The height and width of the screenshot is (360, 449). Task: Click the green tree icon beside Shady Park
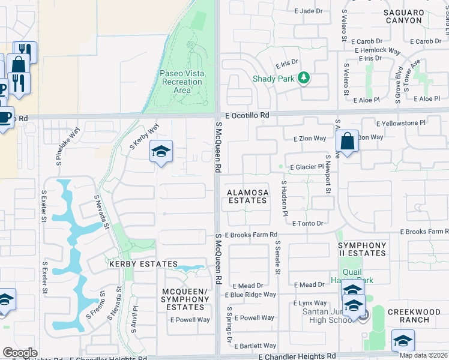pos(304,77)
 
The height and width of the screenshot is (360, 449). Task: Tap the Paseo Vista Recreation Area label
pos(181,82)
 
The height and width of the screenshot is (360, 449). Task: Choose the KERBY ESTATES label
pos(143,264)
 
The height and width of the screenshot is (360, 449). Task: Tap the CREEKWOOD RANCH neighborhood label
pos(417,316)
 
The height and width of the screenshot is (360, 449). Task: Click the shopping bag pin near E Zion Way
pos(347,143)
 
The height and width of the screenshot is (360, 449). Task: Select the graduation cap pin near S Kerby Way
pos(161,152)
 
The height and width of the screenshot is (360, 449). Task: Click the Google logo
pos(20,353)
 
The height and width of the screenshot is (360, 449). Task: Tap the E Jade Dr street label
pos(309,11)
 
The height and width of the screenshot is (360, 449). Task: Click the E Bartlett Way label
pos(256,346)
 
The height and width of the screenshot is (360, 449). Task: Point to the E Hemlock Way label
pos(376,51)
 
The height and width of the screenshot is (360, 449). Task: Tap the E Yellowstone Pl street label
pos(400,123)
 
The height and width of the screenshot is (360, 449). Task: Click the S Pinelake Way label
pos(67,146)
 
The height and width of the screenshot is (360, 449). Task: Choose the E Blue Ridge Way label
pos(250,295)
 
